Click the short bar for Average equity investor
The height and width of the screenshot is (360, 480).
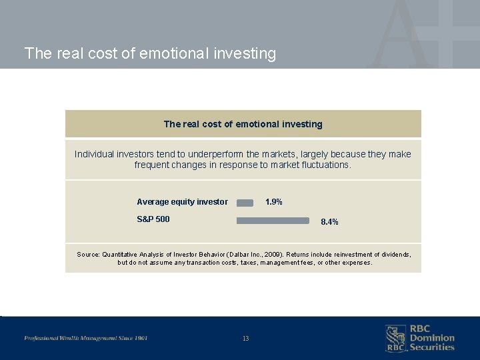click(245, 203)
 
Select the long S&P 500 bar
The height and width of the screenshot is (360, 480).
click(273, 220)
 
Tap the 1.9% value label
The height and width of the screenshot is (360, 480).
click(274, 202)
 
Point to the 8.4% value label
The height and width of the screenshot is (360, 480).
click(329, 222)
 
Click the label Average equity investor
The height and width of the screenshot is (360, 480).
click(182, 202)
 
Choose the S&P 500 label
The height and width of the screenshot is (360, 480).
click(153, 219)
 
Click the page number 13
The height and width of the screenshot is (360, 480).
click(245, 339)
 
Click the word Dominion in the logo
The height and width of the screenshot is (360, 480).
click(432, 338)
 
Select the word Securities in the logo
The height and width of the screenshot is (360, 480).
click(432, 347)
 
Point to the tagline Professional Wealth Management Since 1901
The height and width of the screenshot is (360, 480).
click(86, 338)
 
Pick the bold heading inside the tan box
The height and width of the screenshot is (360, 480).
click(243, 124)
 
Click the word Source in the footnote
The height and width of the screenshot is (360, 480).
click(88, 255)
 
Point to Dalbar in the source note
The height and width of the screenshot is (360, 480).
click(237, 255)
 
